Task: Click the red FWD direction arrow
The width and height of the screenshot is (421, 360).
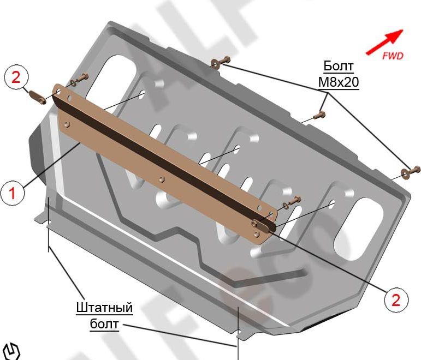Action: tap(384, 42)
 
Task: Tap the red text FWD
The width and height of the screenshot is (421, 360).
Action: tap(393, 56)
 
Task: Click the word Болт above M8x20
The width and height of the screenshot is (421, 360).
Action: tap(339, 66)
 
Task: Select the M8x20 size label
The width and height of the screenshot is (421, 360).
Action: tap(339, 82)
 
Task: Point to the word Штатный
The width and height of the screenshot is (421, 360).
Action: tap(104, 308)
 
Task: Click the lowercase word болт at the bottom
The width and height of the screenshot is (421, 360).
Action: tap(104, 324)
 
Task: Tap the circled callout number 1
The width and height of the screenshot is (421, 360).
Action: tap(13, 193)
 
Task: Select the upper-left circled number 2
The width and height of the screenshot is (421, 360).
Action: tap(16, 77)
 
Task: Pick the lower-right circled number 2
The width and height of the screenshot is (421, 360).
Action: tap(396, 300)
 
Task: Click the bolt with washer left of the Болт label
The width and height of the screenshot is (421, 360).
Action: tap(221, 62)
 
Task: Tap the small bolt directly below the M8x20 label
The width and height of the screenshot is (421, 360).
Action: tap(319, 116)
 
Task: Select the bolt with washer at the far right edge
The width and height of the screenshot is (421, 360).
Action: tap(410, 171)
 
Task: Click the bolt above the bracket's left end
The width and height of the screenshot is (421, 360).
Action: tap(80, 79)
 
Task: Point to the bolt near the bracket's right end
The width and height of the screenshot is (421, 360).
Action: tap(292, 201)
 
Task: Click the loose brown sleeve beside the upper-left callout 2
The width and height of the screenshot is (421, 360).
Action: tap(37, 98)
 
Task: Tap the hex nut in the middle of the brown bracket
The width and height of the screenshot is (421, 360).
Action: tap(162, 179)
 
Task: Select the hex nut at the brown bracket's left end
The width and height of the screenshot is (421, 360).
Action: tap(67, 124)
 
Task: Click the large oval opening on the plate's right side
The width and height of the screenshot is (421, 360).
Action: tap(359, 229)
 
